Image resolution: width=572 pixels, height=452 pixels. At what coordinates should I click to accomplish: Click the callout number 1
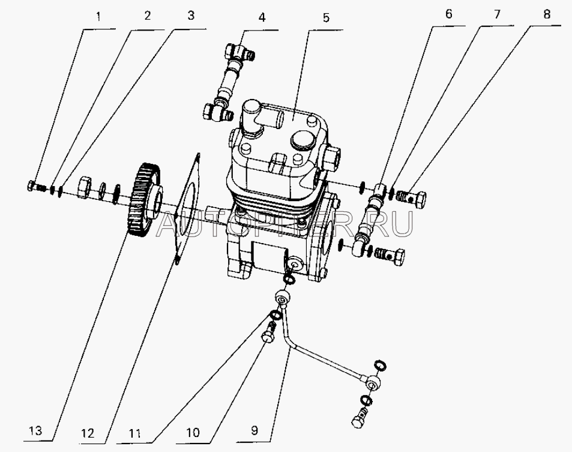click(x=98, y=17)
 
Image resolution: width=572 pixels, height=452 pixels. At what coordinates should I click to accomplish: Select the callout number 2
click(x=148, y=16)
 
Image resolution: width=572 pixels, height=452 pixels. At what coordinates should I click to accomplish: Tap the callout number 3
click(x=191, y=16)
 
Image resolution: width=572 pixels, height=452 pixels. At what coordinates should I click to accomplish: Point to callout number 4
click(x=262, y=17)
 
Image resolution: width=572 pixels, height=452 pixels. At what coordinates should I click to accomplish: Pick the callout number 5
click(x=326, y=17)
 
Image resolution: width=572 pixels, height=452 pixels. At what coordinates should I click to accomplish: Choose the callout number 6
click(x=449, y=14)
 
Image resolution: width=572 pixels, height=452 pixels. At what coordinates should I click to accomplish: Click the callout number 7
click(x=497, y=14)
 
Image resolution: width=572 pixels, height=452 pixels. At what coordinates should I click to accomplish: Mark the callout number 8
click(x=546, y=14)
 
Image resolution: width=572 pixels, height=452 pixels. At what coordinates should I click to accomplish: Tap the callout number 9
click(x=254, y=430)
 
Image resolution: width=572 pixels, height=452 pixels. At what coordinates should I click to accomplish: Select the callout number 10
click(x=193, y=433)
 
